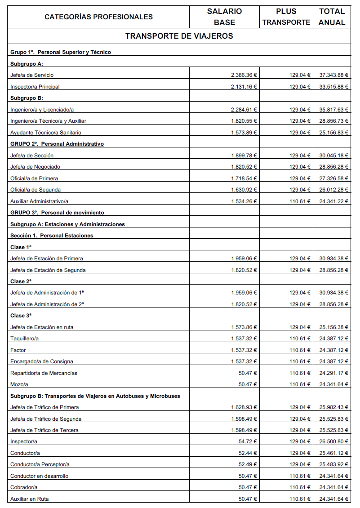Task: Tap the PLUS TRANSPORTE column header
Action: [286, 17]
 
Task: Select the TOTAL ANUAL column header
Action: [332, 17]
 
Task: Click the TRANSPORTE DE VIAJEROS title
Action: [179, 36]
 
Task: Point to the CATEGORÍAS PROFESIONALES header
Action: [98, 17]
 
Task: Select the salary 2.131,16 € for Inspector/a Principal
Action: [244, 87]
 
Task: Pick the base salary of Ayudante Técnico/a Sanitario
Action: [244, 133]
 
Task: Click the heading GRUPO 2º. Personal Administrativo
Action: [57, 144]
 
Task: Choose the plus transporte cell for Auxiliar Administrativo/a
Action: [300, 201]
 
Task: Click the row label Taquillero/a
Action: [24, 339]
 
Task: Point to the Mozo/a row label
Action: [19, 384]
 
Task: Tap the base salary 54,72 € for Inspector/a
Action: [248, 442]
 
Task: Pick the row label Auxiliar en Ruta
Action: [30, 499]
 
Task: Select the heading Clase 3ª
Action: [21, 316]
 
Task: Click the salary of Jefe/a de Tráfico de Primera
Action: [244, 407]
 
